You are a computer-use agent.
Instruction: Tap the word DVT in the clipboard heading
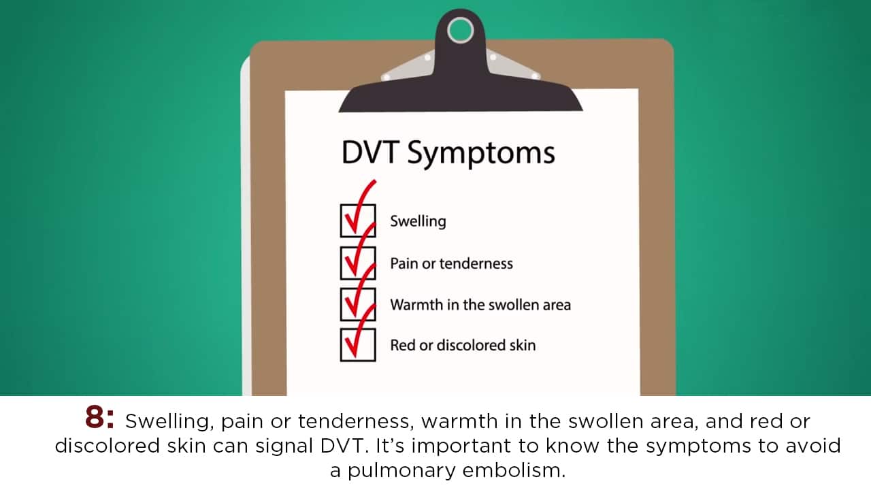370,152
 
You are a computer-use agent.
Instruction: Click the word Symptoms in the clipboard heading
481,154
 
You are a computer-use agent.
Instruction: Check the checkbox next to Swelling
358,220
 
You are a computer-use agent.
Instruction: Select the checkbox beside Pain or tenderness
358,263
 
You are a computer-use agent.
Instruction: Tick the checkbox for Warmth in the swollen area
358,304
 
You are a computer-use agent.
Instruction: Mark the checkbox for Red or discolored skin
358,345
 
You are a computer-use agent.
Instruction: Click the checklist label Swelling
418,222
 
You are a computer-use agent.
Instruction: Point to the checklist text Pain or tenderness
451,263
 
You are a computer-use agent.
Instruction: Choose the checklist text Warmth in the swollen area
480,305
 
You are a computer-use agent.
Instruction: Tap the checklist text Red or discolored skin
463,345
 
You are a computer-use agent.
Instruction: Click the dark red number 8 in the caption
95,417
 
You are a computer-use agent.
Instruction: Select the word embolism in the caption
514,470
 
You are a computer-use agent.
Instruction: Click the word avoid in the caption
813,446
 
